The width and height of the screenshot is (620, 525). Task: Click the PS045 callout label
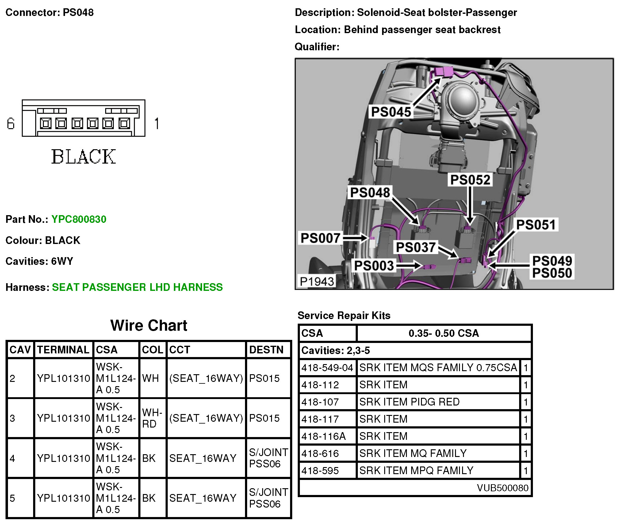391,112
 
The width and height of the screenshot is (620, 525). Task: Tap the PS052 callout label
470,180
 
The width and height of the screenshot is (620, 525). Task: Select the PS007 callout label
320,238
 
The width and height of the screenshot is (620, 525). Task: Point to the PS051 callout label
536,225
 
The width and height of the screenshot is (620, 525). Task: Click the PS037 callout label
416,247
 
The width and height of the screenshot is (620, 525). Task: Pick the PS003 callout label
374,266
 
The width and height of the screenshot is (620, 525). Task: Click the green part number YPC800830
79,219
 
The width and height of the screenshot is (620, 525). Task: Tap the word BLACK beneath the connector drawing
83,157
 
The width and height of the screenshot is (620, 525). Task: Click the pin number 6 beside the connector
11,124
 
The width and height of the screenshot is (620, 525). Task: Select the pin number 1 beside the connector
157,124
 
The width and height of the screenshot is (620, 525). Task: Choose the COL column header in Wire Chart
152,350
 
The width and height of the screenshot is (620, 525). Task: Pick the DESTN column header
266,350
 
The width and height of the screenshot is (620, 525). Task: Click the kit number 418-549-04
327,367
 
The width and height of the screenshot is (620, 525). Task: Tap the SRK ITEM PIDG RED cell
409,402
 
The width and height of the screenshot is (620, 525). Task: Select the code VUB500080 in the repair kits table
503,488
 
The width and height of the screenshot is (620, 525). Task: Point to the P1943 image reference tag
317,281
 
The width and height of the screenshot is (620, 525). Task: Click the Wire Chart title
149,325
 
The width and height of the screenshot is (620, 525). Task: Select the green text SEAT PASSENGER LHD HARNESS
137,287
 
